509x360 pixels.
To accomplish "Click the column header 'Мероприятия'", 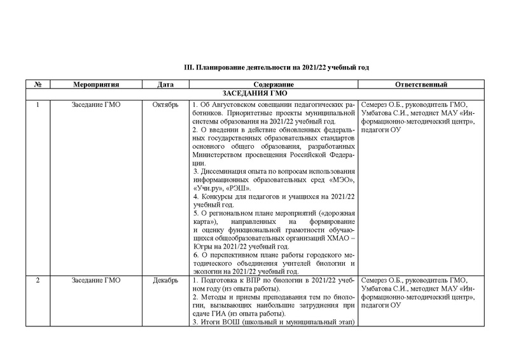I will [x=94, y=85].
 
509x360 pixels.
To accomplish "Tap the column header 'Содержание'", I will [x=274, y=85].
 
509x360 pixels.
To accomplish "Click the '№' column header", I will [x=38, y=85].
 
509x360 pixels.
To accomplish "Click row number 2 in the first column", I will [x=38, y=280].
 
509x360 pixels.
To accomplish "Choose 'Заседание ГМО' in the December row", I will [x=94, y=280].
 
